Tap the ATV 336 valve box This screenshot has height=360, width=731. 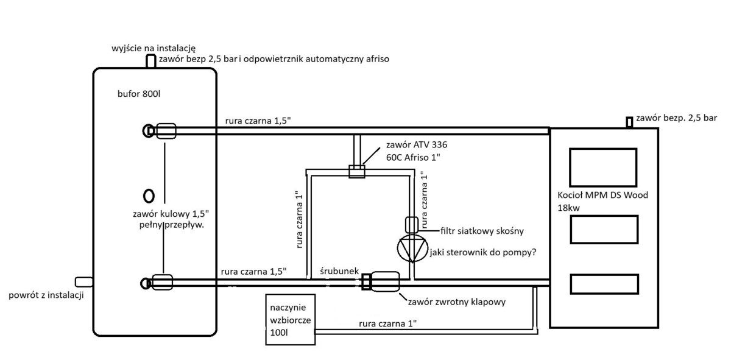pyautogui.click(x=356, y=171)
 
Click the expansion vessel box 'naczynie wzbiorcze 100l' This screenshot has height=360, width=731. pyautogui.click(x=291, y=319)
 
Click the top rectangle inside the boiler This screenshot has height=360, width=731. pyautogui.click(x=604, y=164)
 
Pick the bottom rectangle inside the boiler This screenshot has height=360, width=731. pyautogui.click(x=604, y=284)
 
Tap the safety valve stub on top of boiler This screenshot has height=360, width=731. pyautogui.click(x=630, y=122)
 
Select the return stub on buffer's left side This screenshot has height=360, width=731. pyautogui.click(x=83, y=281)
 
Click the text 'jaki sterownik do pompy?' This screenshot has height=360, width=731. pyautogui.click(x=482, y=252)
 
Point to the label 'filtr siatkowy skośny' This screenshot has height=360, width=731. pyautogui.click(x=482, y=231)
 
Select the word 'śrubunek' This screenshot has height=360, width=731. pyautogui.click(x=339, y=271)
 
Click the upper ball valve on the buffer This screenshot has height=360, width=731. pyautogui.click(x=166, y=131)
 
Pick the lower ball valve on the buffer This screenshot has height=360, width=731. pyautogui.click(x=162, y=282)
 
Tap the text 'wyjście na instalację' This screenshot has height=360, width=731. pyautogui.click(x=154, y=48)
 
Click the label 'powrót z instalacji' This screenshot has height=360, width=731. pyautogui.click(x=46, y=295)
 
